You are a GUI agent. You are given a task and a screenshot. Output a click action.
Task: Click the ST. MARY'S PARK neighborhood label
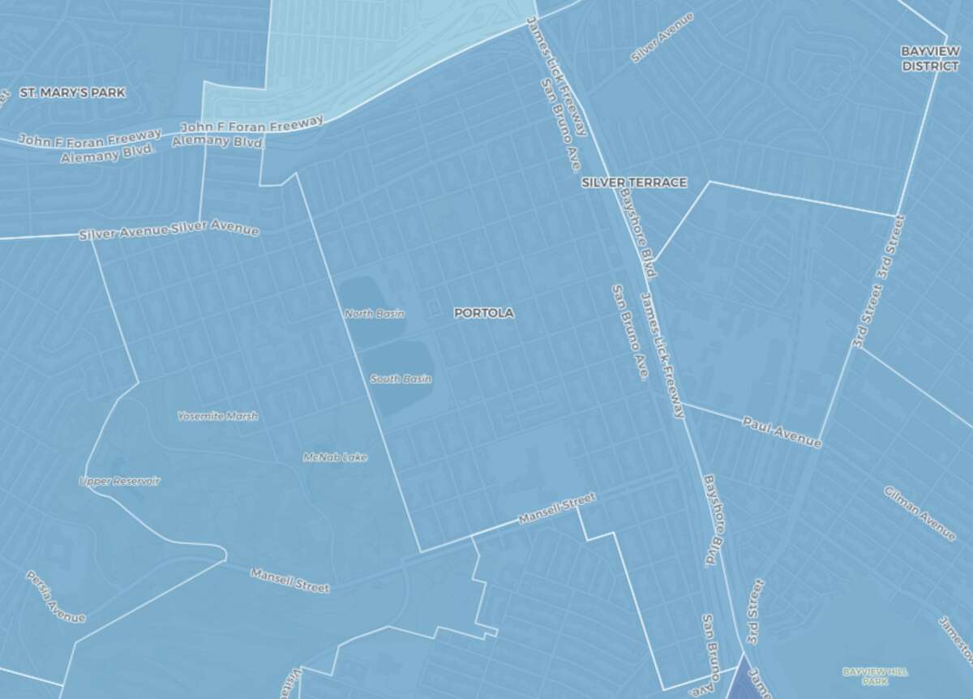point(73,92)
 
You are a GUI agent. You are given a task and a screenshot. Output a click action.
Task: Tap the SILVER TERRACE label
point(634,182)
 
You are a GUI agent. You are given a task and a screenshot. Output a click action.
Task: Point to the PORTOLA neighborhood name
point(484,312)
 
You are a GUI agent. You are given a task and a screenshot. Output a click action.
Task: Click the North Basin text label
point(374,314)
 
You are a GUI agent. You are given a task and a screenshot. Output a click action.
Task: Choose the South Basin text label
point(401,379)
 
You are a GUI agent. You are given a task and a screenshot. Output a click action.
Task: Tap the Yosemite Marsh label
point(217,416)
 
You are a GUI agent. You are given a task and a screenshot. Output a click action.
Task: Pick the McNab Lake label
point(335,457)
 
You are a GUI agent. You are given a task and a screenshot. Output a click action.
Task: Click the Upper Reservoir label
point(119,481)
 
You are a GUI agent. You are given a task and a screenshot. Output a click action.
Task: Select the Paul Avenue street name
point(782,432)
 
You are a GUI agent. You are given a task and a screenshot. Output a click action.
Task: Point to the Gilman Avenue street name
point(919,513)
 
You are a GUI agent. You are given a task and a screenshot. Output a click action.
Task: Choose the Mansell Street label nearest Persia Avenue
point(289,579)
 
